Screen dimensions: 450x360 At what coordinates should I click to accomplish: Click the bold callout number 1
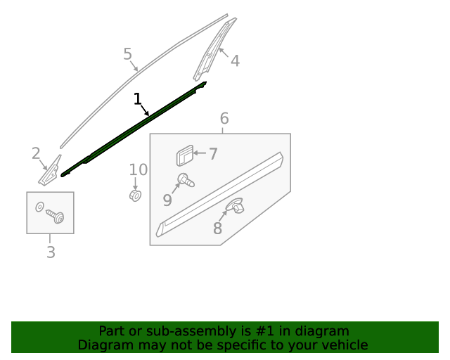[138, 98]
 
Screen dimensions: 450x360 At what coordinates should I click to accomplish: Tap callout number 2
[36, 153]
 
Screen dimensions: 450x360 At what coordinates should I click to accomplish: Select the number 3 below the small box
[51, 252]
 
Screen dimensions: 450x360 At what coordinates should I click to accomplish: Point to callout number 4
[235, 61]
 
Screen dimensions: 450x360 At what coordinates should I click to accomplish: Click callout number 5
[128, 54]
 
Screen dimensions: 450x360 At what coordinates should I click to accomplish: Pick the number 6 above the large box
[224, 118]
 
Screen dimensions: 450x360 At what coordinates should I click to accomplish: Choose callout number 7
[213, 154]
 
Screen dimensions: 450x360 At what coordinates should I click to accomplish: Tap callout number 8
[217, 229]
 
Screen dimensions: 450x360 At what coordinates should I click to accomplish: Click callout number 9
[167, 200]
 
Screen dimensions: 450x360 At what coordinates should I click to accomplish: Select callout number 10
[139, 169]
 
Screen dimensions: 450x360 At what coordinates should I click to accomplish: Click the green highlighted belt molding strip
[134, 129]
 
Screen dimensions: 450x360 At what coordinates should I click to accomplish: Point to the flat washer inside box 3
[39, 207]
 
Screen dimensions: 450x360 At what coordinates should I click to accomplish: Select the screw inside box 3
[56, 216]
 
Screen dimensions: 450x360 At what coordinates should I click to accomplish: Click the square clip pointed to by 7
[184, 155]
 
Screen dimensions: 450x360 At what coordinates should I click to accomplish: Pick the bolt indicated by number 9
[186, 180]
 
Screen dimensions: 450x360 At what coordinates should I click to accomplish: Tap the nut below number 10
[135, 195]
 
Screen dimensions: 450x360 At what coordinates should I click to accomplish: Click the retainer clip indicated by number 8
[235, 205]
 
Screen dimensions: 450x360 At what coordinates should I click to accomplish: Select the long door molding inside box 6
[219, 194]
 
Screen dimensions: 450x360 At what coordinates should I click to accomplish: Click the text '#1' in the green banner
[264, 331]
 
